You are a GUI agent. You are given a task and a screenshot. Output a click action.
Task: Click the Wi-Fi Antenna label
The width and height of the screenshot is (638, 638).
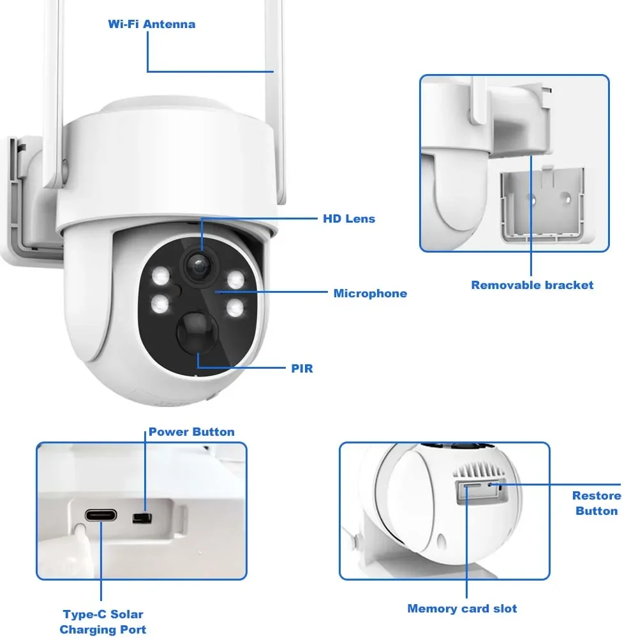[x=151, y=24]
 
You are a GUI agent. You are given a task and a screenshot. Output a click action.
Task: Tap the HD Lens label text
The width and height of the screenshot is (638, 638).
[x=348, y=219]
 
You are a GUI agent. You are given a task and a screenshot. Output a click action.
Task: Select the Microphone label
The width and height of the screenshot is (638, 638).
[x=370, y=293]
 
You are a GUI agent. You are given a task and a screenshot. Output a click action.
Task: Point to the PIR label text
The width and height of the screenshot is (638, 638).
[x=302, y=368]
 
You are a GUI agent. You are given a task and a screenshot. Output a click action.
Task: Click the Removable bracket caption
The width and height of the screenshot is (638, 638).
[x=532, y=285]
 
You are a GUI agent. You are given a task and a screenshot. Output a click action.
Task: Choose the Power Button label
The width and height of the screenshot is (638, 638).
[x=191, y=432]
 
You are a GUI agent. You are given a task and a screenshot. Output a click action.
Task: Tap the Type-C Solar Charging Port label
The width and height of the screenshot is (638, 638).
[x=103, y=622]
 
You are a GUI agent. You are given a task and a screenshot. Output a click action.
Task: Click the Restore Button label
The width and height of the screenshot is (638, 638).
[x=597, y=503]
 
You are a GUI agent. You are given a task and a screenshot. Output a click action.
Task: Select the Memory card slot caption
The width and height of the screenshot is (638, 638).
[x=462, y=609]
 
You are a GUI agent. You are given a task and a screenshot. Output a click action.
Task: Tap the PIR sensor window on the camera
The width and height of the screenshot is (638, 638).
[x=197, y=331]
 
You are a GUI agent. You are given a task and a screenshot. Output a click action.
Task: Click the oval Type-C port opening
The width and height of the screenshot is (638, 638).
[x=101, y=515]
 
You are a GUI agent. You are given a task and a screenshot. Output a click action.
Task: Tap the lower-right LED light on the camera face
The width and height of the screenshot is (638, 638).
[x=235, y=308]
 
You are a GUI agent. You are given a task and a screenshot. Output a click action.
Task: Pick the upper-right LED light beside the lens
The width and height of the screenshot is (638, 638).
[x=235, y=279]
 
